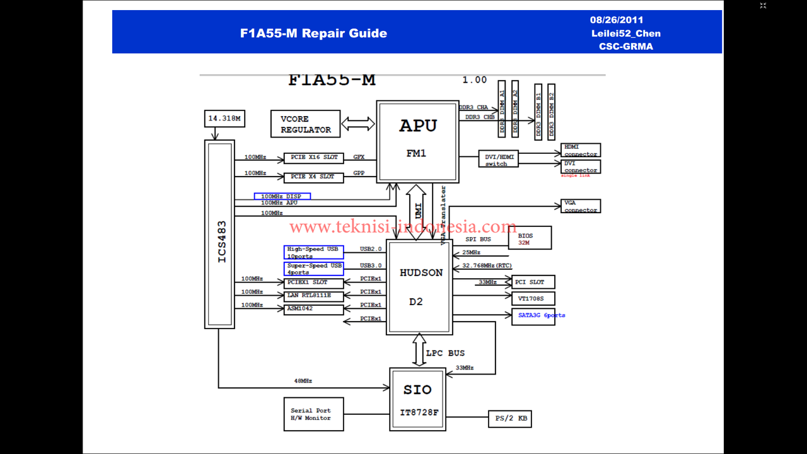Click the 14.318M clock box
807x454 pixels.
pyautogui.click(x=224, y=118)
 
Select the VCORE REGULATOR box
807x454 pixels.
pyautogui.click(x=306, y=124)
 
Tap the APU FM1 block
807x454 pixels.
pyautogui.click(x=417, y=141)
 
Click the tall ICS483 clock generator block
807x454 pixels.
pyautogui.click(x=219, y=234)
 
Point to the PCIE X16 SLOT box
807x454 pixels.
pyautogui.click(x=313, y=158)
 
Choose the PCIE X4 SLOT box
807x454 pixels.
pyautogui.click(x=313, y=177)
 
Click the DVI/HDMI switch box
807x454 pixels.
pyautogui.click(x=498, y=160)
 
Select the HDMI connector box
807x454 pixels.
pyautogui.click(x=580, y=150)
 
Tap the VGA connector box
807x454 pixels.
pyautogui.click(x=580, y=206)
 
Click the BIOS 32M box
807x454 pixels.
pyautogui.click(x=530, y=238)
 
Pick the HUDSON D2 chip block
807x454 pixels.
pyautogui.click(x=419, y=287)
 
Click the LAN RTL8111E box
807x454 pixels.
pyautogui.click(x=313, y=296)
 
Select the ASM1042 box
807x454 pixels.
pyautogui.click(x=313, y=309)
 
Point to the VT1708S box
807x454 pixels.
pyautogui.click(x=533, y=298)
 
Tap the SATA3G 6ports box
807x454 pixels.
pyautogui.click(x=533, y=316)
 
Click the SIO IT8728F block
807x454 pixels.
pyautogui.click(x=417, y=399)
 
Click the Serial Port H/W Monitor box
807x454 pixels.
pyautogui.click(x=313, y=414)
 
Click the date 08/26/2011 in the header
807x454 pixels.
pyautogui.click(x=617, y=20)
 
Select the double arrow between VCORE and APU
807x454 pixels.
pyautogui.click(x=357, y=124)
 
